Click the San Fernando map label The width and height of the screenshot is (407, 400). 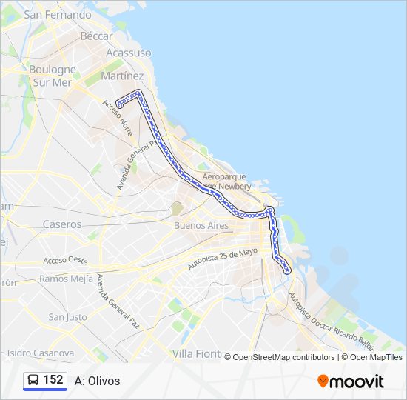[58, 14]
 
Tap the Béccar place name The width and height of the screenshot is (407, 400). [96, 36]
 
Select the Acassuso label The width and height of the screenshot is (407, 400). [128, 53]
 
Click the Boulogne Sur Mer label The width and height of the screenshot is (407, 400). [53, 76]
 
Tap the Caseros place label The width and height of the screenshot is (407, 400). [62, 224]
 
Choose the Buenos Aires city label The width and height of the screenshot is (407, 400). [201, 225]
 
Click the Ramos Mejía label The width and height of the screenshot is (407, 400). [67, 279]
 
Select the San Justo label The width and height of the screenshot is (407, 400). [67, 317]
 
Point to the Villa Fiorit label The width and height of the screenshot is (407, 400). [196, 354]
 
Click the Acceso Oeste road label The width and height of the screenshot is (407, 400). [65, 261]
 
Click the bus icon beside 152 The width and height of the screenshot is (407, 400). [33, 380]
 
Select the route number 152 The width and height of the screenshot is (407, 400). [53, 380]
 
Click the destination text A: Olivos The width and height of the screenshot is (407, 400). [97, 381]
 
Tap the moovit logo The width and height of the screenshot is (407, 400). [351, 381]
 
